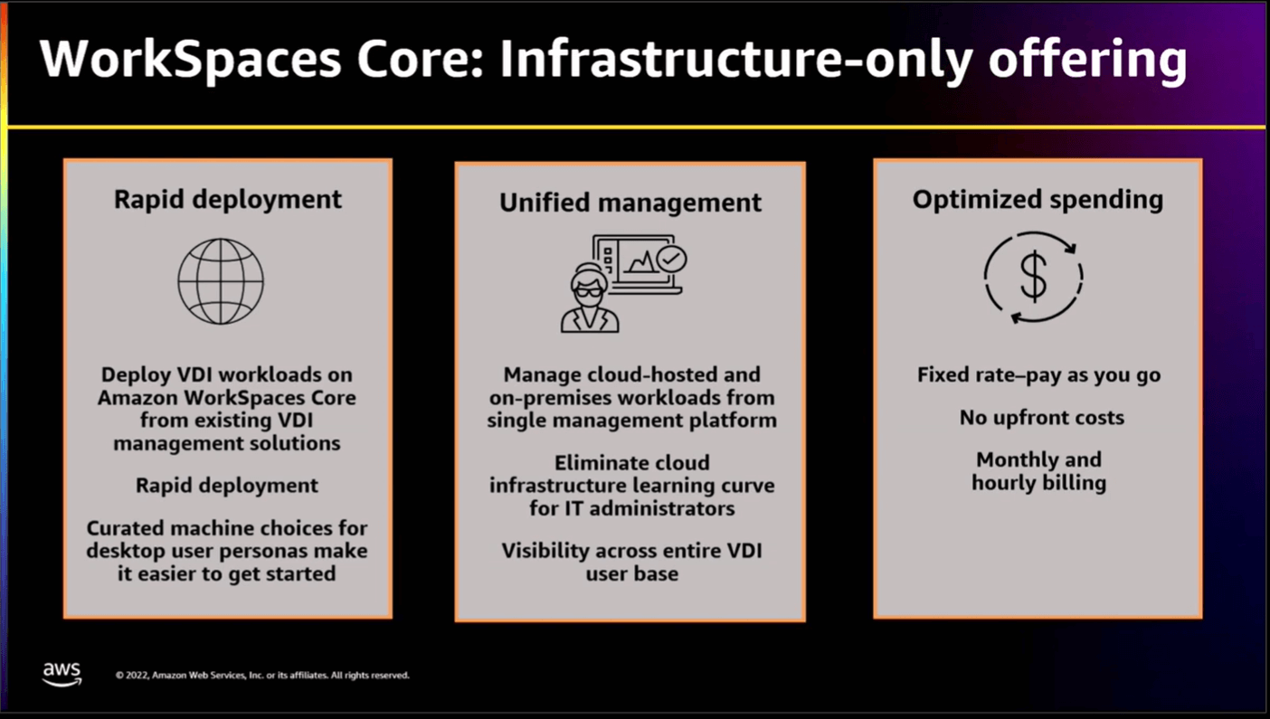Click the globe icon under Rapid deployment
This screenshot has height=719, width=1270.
[x=221, y=280]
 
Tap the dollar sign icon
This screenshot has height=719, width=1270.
[x=1033, y=277]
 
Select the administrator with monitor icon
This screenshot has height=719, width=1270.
[x=622, y=282]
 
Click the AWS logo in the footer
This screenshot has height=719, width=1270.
[x=62, y=674]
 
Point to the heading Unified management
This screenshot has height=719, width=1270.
[x=630, y=203]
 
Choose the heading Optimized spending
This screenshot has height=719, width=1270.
[x=1038, y=199]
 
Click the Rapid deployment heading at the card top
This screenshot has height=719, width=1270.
[x=228, y=199]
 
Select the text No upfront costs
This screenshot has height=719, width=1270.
[x=1041, y=418]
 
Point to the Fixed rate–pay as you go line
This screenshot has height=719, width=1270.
[x=1038, y=374]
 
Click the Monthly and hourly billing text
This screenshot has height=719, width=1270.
[x=1038, y=471]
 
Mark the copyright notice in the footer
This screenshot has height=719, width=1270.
[x=262, y=676]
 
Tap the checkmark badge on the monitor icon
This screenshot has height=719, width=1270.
[x=671, y=259]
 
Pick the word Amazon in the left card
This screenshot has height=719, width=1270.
[x=136, y=398]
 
